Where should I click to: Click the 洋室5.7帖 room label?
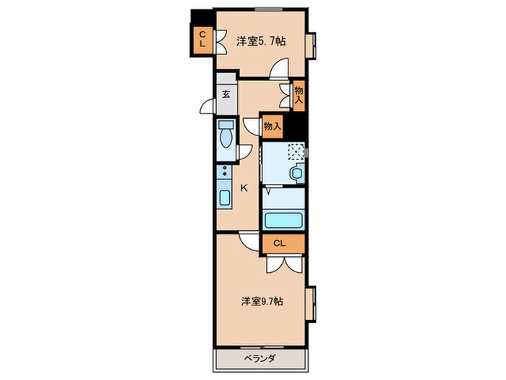pos(261,41)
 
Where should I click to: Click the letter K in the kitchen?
pos(244,188)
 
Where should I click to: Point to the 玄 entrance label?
pos(226,94)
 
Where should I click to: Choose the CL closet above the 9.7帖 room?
pos(280,243)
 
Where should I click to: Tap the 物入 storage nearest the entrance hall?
pos(299,95)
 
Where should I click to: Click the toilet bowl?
pos(226,138)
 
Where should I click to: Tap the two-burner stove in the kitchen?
pos(225,173)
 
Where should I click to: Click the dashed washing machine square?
pos(295,152)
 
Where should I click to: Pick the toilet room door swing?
pos(244,153)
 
